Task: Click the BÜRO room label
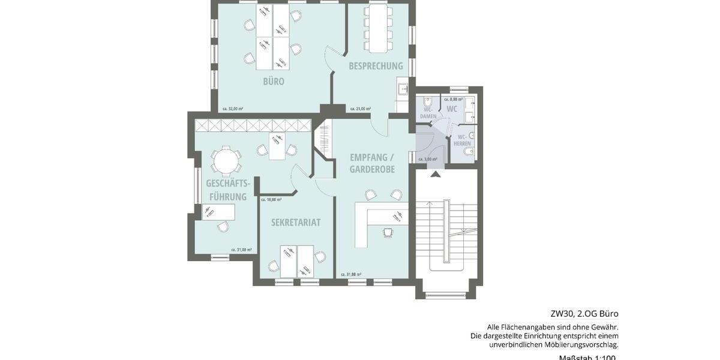tap(273, 82)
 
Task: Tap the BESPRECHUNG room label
tap(376, 66)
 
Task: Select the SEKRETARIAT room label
tap(296, 222)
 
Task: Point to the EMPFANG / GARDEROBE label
tap(372, 163)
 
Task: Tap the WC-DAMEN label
tap(428, 113)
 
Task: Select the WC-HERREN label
tap(462, 140)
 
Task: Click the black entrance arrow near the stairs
tap(435, 174)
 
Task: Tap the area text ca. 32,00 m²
tap(233, 109)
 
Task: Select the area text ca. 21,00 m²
tap(360, 109)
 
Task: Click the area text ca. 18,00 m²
tap(271, 199)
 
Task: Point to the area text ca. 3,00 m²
tap(428, 159)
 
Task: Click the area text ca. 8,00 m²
tap(453, 98)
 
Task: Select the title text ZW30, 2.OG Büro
tap(584, 314)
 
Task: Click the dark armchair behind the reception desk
tap(388, 232)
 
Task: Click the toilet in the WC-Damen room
tap(427, 100)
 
